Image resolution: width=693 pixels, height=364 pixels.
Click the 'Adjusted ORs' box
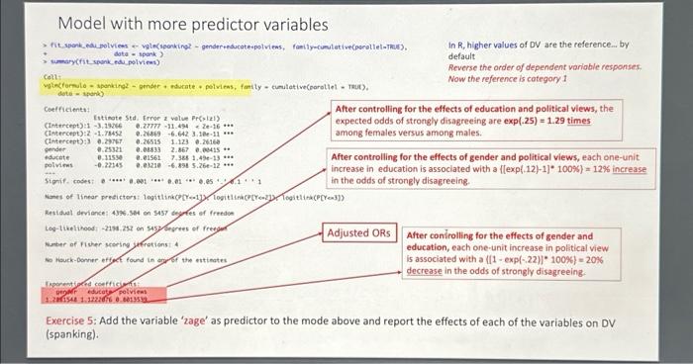pos(360,233)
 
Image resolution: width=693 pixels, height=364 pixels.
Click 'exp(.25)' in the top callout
pos(516,119)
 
